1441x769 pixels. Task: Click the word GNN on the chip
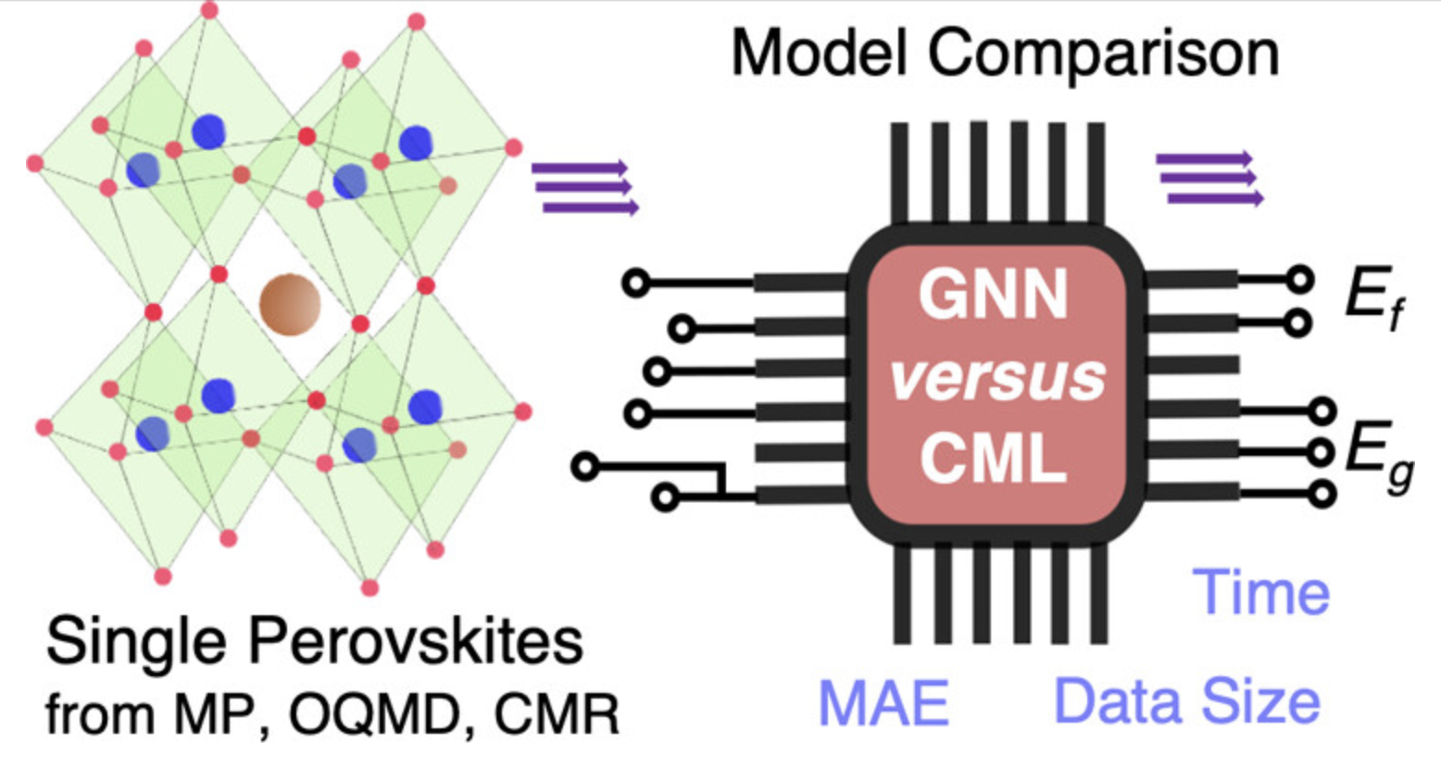tap(993, 295)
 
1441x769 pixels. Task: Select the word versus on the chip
tap(997, 376)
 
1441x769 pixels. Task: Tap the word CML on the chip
tap(993, 458)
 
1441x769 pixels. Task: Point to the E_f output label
tap(1372, 300)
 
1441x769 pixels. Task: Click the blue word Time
tap(1261, 592)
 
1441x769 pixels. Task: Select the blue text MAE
tap(883, 702)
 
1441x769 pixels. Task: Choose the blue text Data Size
tap(1187, 702)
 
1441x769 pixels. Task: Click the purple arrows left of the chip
tap(584, 188)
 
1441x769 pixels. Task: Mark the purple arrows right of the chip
tap(1209, 178)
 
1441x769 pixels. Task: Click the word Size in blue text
tap(1265, 702)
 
